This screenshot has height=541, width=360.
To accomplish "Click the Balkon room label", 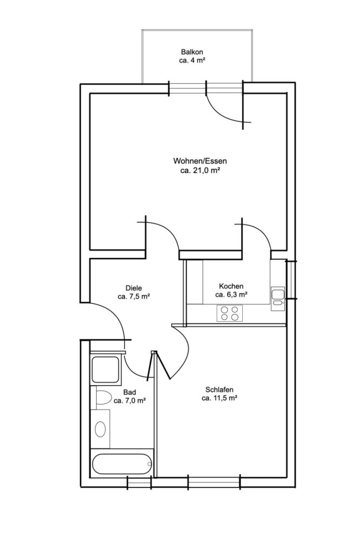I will click(x=192, y=51).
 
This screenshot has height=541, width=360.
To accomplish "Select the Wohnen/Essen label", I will click(x=199, y=161).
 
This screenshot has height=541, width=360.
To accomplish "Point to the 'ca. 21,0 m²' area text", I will click(x=199, y=170).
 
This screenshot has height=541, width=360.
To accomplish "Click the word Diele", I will click(x=133, y=288).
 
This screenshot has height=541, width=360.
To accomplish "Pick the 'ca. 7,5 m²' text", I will click(x=133, y=296).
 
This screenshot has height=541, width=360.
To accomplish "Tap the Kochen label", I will click(x=231, y=286).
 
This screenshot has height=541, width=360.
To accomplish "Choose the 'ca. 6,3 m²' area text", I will click(x=231, y=295).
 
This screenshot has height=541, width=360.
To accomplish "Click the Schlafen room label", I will click(x=219, y=390).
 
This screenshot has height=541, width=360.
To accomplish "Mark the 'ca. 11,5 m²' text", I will click(x=219, y=398).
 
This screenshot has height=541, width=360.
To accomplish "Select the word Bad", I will click(x=129, y=392).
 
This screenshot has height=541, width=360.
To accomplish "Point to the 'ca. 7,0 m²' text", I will click(x=129, y=401).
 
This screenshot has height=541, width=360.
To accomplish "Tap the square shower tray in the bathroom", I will click(x=106, y=370).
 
